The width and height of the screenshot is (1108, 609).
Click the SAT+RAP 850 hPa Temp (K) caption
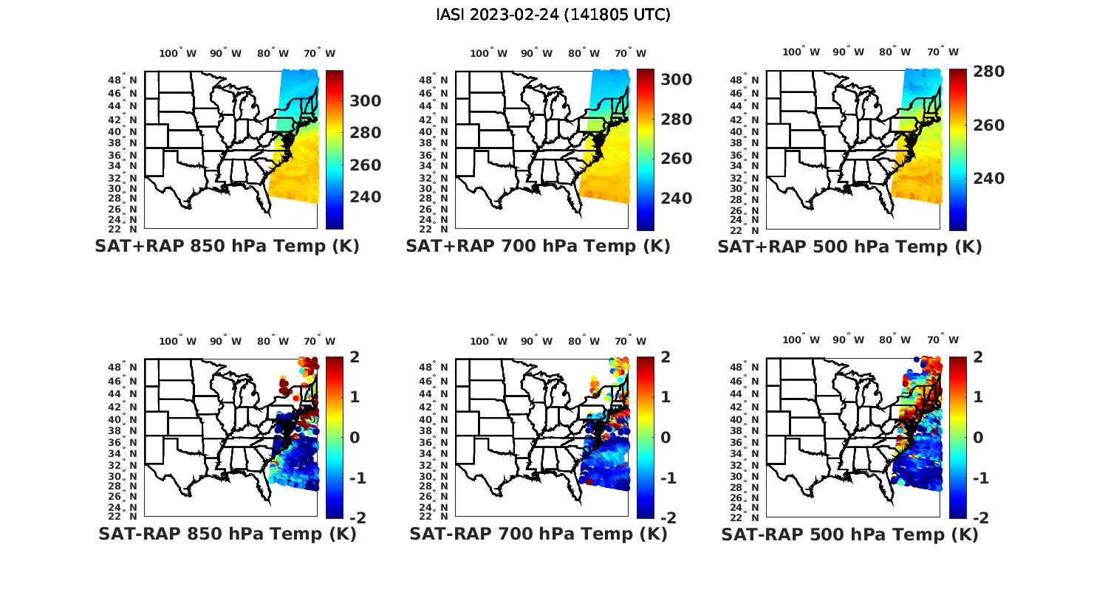[227, 247]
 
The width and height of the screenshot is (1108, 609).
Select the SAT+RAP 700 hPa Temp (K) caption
[538, 247]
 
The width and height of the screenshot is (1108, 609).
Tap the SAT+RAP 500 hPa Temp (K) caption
[849, 247]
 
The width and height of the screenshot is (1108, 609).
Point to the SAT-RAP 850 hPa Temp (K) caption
[227, 534]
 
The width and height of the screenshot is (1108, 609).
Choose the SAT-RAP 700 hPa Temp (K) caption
[538, 534]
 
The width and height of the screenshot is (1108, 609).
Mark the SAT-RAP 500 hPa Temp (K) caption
[849, 534]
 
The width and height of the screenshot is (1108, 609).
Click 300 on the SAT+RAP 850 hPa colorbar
[365, 101]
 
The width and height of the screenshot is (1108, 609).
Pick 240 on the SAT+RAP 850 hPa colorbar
[365, 197]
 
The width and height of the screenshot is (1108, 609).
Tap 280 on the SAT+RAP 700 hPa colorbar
[676, 120]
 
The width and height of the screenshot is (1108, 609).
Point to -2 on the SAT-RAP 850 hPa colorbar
[358, 518]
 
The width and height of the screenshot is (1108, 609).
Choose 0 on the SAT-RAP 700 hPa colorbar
[665, 437]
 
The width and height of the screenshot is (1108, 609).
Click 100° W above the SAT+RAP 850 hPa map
[178, 53]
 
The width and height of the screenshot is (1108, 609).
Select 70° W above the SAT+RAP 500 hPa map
[943, 52]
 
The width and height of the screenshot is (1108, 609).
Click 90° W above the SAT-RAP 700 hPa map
[537, 341]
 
